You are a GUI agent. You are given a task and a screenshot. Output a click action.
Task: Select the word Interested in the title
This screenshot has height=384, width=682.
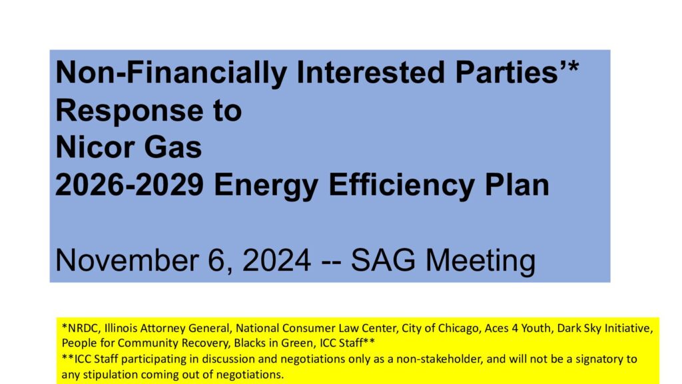coord(370,72)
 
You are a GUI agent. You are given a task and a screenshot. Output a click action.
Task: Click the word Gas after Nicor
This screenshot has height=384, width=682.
coord(173,147)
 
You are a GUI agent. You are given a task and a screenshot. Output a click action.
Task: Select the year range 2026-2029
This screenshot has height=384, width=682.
coord(129,185)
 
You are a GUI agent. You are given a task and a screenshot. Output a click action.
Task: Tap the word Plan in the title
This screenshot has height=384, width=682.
coord(517,185)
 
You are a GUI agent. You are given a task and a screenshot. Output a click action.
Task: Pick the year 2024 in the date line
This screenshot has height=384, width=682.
coord(276,260)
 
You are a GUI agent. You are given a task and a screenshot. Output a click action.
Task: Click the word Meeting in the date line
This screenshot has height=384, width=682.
coord(480,261)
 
